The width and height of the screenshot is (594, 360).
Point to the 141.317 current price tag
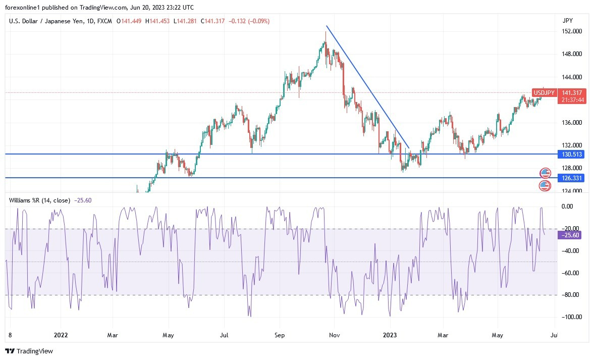[572, 93]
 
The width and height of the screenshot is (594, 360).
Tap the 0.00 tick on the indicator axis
[567, 207]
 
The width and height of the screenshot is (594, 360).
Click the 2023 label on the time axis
[390, 334]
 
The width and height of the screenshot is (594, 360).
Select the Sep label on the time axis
[280, 334]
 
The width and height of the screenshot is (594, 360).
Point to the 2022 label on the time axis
[61, 334]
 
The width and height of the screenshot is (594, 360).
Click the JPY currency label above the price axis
[568, 20]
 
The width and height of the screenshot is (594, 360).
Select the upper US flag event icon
[545, 173]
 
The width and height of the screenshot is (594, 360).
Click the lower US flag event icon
[545, 185]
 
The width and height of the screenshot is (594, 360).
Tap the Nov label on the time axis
[334, 334]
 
